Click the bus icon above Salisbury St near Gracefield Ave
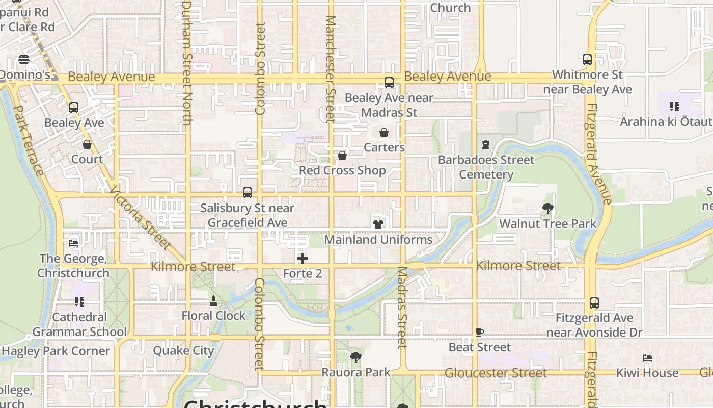(248, 193)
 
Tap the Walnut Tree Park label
(547, 224)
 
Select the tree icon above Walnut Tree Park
(548, 208)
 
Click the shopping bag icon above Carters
(384, 133)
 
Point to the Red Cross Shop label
(342, 170)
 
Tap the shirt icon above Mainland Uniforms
(378, 223)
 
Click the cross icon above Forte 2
(303, 259)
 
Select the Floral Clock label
(213, 316)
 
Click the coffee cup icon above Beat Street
(479, 332)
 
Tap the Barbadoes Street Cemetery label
(486, 167)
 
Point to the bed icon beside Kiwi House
(647, 358)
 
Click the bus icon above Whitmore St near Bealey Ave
(587, 59)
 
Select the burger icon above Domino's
(23, 60)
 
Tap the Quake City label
(183, 351)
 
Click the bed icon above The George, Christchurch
(73, 243)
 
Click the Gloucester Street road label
(495, 373)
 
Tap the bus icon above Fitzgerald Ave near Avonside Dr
(594, 302)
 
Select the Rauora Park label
(355, 373)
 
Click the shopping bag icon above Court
(87, 144)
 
